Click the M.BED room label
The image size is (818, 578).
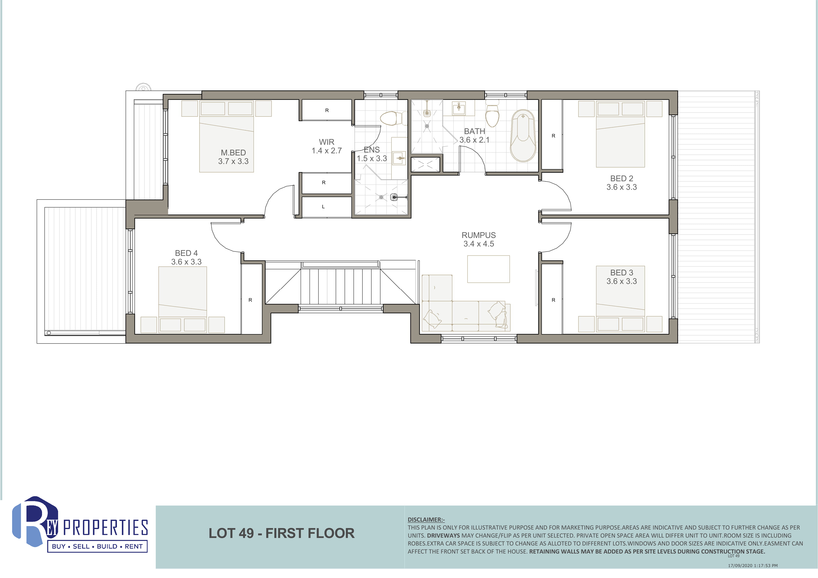click(233, 153)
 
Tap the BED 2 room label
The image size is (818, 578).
click(622, 178)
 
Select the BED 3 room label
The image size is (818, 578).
click(622, 272)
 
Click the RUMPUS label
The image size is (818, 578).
click(479, 235)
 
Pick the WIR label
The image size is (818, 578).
click(327, 142)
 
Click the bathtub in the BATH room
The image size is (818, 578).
click(523, 136)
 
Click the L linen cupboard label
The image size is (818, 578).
click(323, 207)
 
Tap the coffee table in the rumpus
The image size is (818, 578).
click(488, 269)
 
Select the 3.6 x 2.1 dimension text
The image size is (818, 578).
click(474, 140)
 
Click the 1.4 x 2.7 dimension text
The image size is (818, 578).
click(327, 151)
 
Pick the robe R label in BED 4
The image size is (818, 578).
click(250, 300)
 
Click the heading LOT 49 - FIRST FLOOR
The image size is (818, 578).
click(282, 533)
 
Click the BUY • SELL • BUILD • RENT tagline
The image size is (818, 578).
click(97, 546)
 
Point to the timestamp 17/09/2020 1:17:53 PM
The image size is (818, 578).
click(752, 566)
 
